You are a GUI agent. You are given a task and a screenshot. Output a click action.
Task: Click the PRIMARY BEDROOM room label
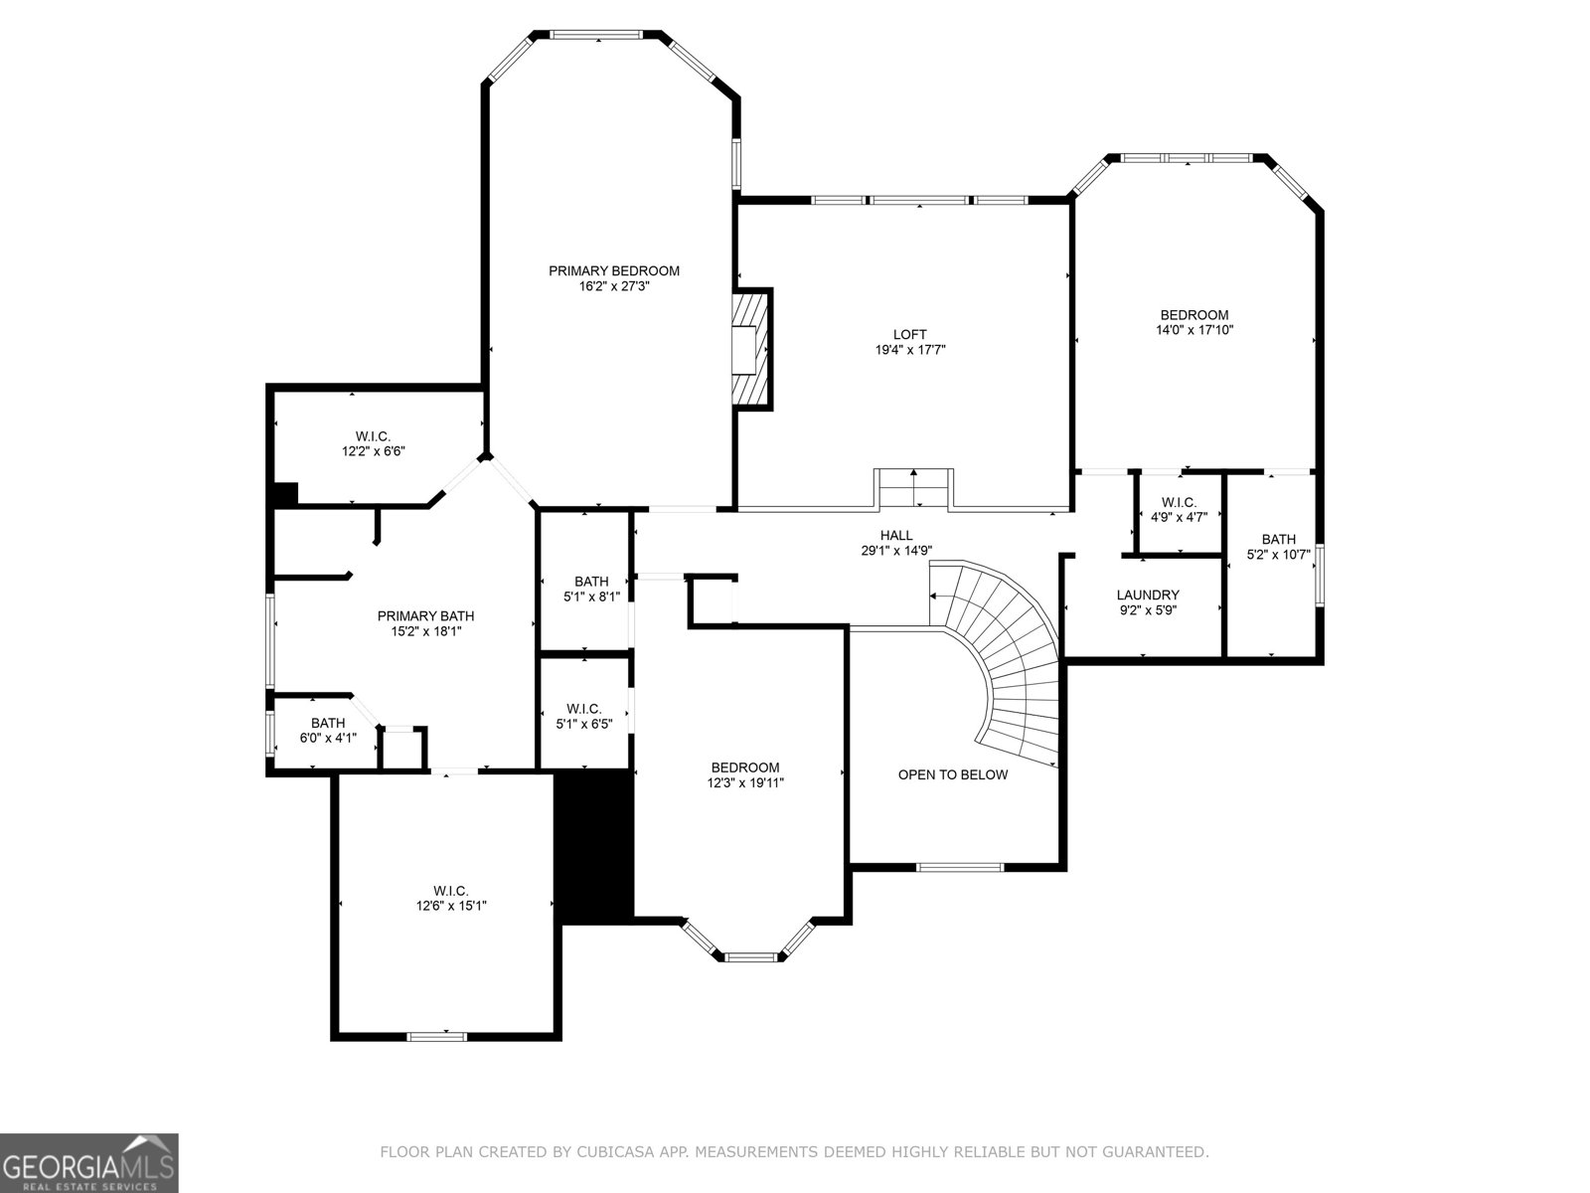pyautogui.click(x=614, y=270)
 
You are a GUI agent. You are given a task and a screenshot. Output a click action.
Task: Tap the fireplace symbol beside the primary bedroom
pyautogui.click(x=751, y=348)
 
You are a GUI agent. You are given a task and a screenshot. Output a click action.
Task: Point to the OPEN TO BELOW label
pyautogui.click(x=952, y=774)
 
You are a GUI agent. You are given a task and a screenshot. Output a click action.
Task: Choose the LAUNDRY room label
pyautogui.click(x=1147, y=595)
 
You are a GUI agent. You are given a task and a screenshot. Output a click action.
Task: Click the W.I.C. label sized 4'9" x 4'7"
pyautogui.click(x=1179, y=502)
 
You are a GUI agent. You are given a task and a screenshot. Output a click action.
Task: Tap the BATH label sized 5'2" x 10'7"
pyautogui.click(x=1278, y=539)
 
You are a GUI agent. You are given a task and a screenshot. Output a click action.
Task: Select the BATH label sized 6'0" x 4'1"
pyautogui.click(x=328, y=723)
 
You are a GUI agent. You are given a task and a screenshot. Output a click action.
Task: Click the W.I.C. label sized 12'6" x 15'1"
pyautogui.click(x=450, y=891)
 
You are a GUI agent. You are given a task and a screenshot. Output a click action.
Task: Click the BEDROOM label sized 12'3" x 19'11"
pyautogui.click(x=744, y=767)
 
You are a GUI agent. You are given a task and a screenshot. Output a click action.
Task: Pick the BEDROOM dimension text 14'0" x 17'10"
pyautogui.click(x=1193, y=330)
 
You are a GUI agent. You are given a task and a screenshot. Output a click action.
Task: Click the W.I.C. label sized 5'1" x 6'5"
pyautogui.click(x=583, y=709)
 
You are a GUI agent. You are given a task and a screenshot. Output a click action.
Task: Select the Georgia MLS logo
pyautogui.click(x=89, y=1162)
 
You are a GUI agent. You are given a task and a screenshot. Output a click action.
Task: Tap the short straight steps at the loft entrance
pyautogui.click(x=913, y=488)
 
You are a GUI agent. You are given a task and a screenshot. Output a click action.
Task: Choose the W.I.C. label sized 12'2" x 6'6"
pyautogui.click(x=373, y=436)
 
